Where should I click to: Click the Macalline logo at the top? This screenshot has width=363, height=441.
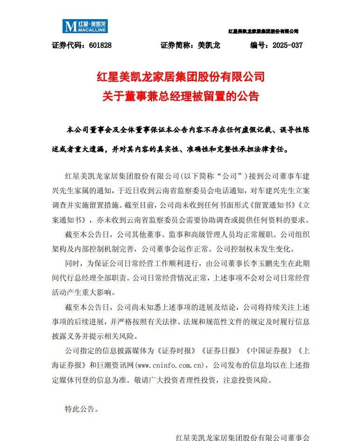85,26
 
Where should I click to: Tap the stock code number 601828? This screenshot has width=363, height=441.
98,45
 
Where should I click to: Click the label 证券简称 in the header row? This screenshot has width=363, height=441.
177,45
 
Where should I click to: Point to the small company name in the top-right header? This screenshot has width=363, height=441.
263,31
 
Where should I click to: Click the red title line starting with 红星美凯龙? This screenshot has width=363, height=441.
181,76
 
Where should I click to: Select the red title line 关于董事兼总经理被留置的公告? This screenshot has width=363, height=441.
181,96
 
